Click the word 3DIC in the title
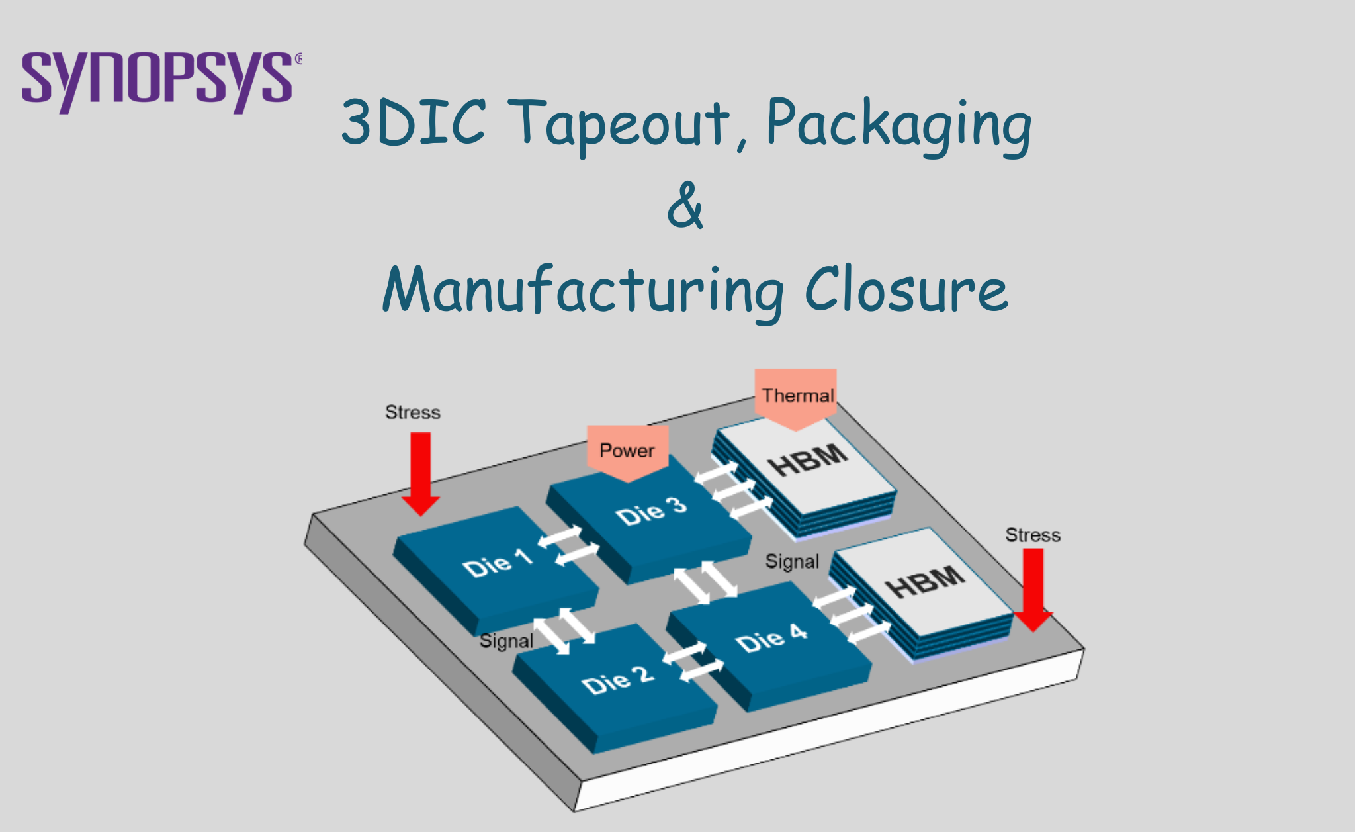click(x=414, y=122)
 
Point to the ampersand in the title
click(x=685, y=206)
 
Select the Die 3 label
click(x=651, y=511)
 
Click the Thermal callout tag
click(x=797, y=396)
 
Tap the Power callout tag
click(x=627, y=451)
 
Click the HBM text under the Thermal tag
click(x=808, y=459)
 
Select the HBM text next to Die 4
click(x=925, y=580)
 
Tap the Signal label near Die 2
click(x=506, y=641)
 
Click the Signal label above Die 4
click(x=792, y=562)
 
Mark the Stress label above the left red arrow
click(x=413, y=412)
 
